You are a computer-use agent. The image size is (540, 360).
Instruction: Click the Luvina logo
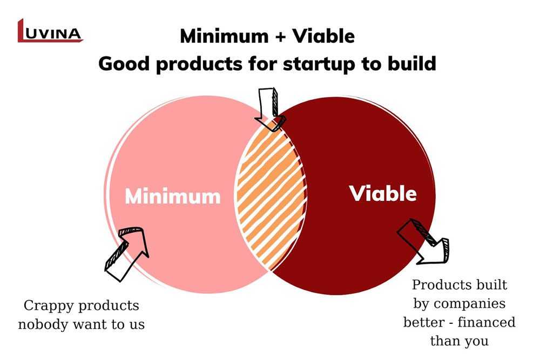(50, 31)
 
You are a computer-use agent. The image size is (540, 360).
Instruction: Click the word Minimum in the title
(224, 36)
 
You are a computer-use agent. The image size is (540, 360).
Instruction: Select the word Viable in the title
(323, 36)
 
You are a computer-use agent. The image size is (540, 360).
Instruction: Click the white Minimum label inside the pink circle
(173, 196)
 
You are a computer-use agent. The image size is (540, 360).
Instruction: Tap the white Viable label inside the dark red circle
(383, 193)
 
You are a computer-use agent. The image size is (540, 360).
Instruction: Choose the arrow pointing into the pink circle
(127, 254)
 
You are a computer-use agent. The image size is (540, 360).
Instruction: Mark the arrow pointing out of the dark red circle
(423, 242)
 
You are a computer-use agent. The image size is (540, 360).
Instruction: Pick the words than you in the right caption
(460, 341)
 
